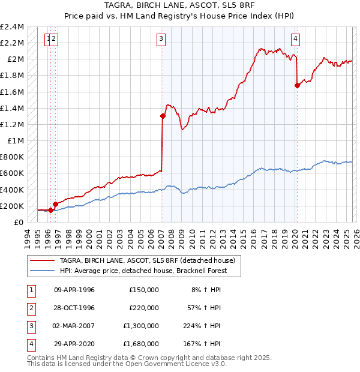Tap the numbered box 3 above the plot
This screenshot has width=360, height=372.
pos(161,39)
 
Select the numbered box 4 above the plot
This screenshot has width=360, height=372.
pos(296,39)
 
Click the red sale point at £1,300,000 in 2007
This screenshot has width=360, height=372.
pos(163,116)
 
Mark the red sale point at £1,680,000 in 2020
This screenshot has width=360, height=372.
pos(297,85)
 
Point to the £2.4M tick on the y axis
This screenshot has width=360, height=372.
pos(13,27)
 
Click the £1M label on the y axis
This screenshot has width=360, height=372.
pos(16,140)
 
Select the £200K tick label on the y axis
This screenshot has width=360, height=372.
pos(13,206)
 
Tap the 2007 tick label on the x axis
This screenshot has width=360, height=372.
pos(162,236)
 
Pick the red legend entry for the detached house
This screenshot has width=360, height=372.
pos(151,261)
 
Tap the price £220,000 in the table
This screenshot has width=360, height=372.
pos(143,308)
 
